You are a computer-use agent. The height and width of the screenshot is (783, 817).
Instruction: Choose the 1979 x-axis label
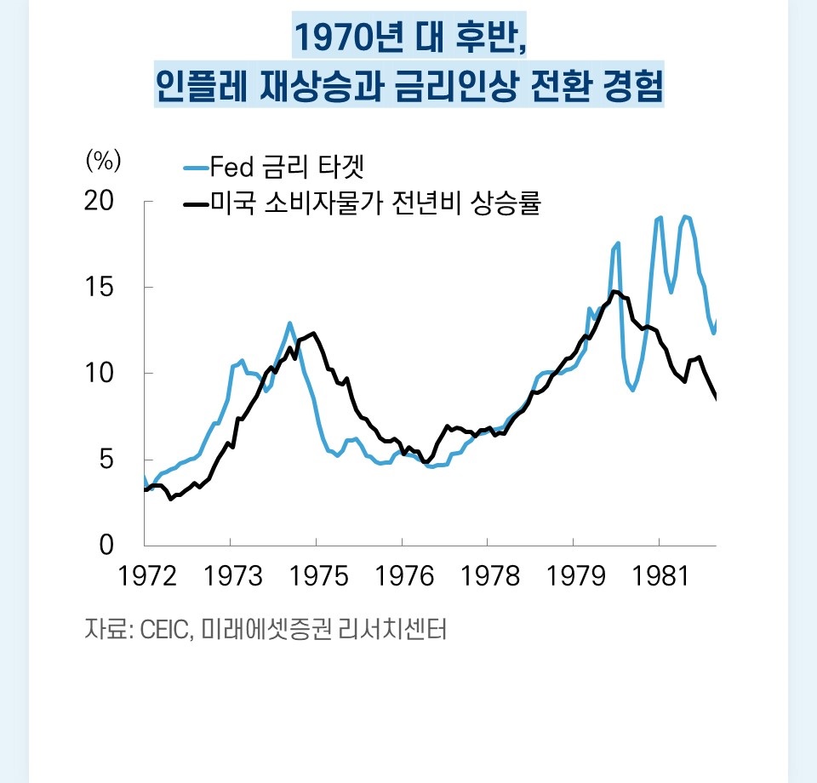coord(574,577)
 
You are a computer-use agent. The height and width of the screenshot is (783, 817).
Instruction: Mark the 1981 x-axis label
coord(660,577)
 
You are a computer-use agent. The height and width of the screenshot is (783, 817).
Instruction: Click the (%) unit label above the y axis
coord(104,160)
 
